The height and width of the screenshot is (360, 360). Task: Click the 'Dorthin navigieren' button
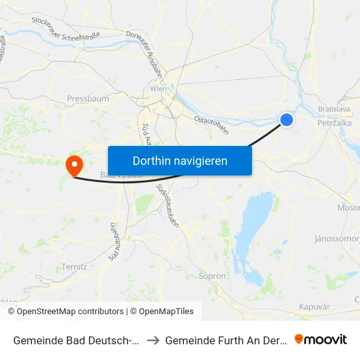[179, 160]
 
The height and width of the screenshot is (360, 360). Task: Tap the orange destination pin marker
[75, 164]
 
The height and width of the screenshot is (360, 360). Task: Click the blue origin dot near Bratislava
[287, 119]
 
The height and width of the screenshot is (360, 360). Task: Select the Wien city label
[158, 88]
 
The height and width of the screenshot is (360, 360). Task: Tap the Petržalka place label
[334, 122]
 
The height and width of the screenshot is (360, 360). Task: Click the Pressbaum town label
[88, 99]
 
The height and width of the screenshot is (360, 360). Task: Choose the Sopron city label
[212, 276]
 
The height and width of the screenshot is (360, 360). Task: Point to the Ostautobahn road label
[211, 124]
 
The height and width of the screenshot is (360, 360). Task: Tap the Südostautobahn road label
[168, 205]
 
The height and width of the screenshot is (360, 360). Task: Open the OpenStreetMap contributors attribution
[70, 312]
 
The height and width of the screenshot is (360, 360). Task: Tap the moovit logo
[321, 339]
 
